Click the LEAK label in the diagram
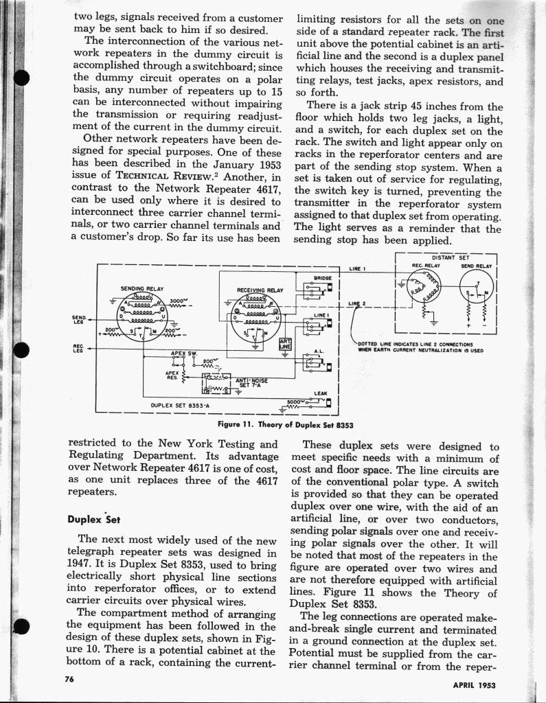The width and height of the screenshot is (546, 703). (319, 393)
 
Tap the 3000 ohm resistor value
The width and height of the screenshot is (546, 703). (178, 301)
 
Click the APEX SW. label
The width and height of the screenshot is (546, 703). (183, 354)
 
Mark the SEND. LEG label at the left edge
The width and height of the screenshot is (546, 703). (80, 319)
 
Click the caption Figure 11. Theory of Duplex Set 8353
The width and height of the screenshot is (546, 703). (285, 425)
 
